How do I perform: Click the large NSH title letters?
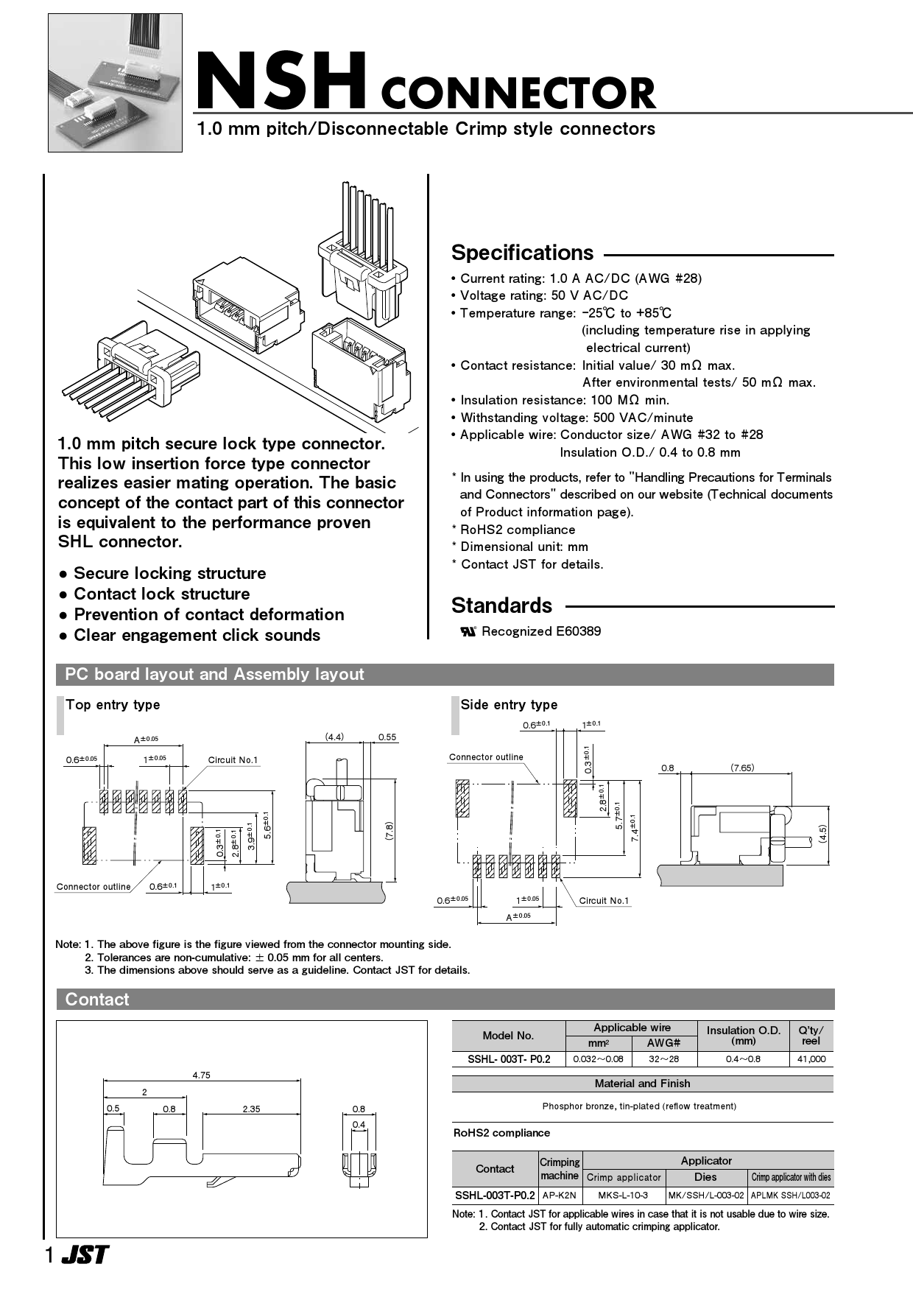click(x=281, y=81)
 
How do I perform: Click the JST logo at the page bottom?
click(x=84, y=1255)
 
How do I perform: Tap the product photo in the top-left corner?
click(x=115, y=82)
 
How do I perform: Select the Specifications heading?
click(x=522, y=253)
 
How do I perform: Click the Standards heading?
click(x=501, y=605)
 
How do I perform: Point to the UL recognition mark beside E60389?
click(x=468, y=631)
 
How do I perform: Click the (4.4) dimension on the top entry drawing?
click(x=334, y=737)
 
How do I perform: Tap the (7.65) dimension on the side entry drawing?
click(x=742, y=768)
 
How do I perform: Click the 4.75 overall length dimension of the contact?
click(x=201, y=1075)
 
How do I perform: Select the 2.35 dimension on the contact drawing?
click(x=251, y=1109)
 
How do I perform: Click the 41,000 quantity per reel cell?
click(x=811, y=1059)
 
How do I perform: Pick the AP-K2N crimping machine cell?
click(x=560, y=1196)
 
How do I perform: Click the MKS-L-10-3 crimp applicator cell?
click(x=623, y=1196)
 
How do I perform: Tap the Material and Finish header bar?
click(x=642, y=1084)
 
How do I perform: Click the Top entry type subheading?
click(x=113, y=705)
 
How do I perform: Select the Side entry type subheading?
click(x=509, y=705)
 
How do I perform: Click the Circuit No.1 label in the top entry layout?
click(x=233, y=760)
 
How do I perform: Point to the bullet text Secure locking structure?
click(x=169, y=573)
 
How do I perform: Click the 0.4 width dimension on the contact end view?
click(x=359, y=1125)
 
